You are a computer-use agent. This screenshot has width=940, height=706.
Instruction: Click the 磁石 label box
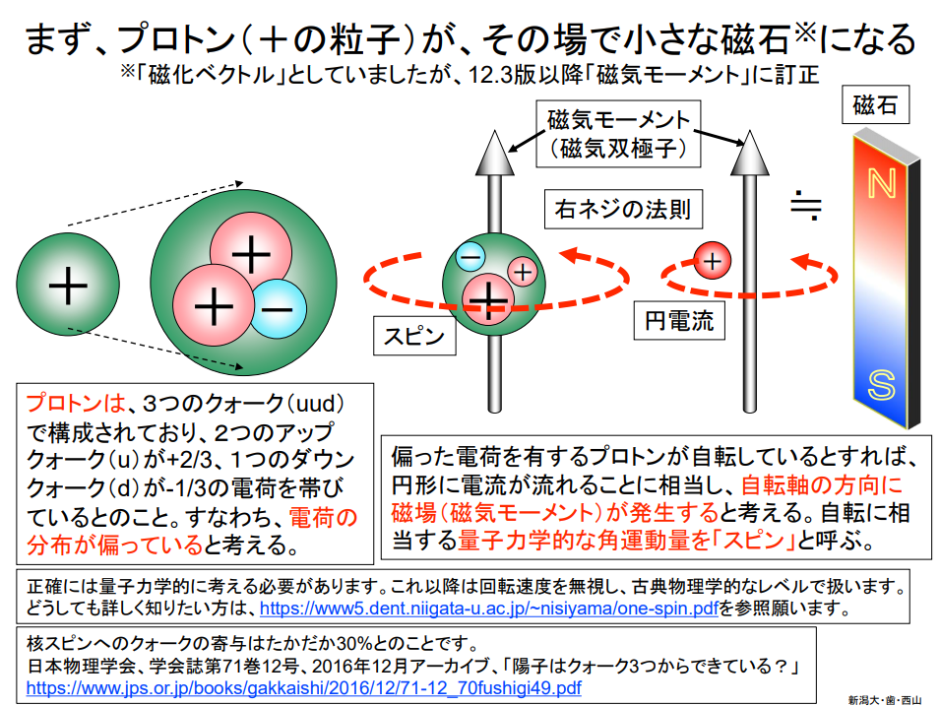[x=875, y=105]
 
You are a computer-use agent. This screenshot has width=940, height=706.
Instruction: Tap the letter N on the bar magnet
[x=881, y=183]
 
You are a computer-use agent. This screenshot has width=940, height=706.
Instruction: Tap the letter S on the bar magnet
[x=881, y=384]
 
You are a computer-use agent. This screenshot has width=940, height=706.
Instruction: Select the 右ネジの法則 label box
[x=623, y=210]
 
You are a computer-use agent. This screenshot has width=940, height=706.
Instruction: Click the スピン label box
[x=414, y=336]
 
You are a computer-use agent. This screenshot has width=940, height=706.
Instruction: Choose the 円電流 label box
[x=679, y=320]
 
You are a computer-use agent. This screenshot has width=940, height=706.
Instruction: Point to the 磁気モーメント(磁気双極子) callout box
[x=618, y=134]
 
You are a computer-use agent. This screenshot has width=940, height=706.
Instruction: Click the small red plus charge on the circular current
[x=713, y=261]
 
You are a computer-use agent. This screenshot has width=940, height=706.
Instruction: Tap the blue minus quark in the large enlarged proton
[x=277, y=309]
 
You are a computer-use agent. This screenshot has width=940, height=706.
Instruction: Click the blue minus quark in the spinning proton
[x=471, y=257]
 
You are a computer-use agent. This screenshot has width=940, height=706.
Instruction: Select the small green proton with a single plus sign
[x=68, y=285]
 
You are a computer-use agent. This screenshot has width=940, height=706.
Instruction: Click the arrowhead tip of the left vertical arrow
[x=494, y=131]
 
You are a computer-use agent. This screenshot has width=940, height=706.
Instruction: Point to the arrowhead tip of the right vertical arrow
[x=749, y=131]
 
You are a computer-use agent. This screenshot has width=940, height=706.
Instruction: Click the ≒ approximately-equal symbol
[x=806, y=205]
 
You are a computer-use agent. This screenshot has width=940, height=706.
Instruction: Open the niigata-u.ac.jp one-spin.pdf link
[x=488, y=609]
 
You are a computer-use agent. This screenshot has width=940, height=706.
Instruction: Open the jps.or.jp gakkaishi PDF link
[x=304, y=687]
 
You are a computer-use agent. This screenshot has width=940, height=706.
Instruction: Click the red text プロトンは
[x=76, y=403]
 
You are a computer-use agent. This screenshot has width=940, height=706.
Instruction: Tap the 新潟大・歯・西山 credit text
[x=885, y=699]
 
